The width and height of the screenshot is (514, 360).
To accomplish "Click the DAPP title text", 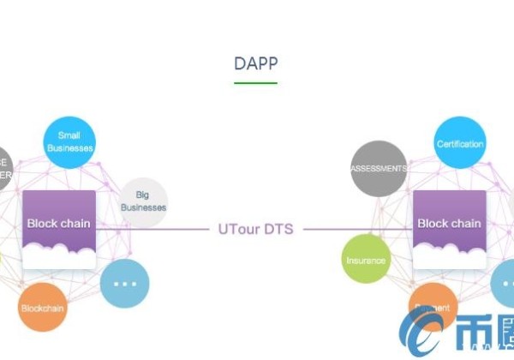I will tap(255, 63).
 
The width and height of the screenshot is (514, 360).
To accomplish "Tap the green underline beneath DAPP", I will tap(255, 82).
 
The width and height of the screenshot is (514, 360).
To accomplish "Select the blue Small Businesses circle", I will tap(69, 141).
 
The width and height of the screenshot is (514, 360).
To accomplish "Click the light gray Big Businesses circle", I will tap(143, 202).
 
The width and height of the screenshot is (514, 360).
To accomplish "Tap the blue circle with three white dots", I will tap(125, 284).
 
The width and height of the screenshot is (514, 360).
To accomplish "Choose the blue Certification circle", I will tap(460, 143).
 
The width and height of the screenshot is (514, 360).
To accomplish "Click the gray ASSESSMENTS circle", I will tap(378, 169).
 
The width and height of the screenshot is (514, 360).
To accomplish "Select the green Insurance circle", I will tap(366, 260).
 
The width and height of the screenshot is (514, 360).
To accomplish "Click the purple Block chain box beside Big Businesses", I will tap(58, 224).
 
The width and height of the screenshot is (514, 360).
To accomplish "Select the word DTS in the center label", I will tap(278, 229).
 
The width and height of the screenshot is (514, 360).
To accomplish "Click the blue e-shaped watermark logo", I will tap(428, 334).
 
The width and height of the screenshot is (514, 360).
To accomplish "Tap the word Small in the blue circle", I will tap(69, 135).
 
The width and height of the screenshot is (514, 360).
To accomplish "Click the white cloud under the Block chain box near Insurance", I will tap(449, 254).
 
